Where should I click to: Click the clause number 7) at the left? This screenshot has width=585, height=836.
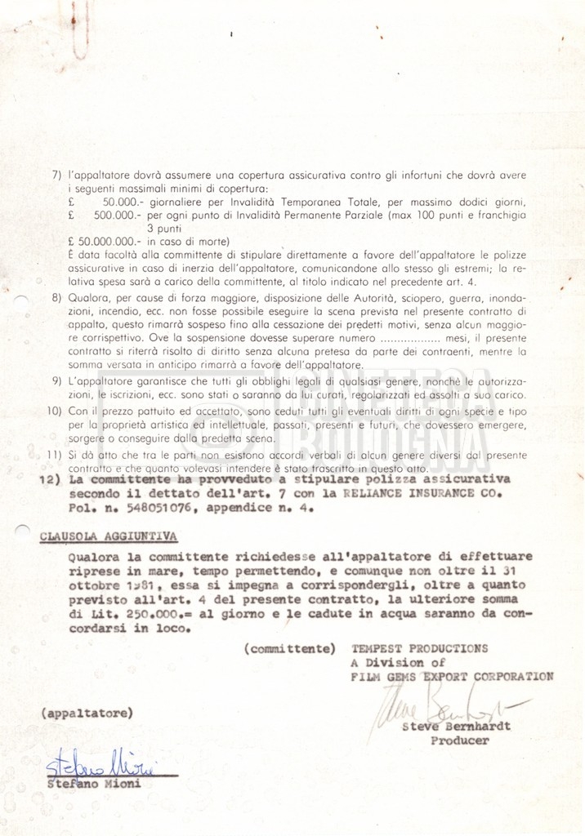(56, 176)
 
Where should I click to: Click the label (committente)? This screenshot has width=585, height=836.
(289, 649)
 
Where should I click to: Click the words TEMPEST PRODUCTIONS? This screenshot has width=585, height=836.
(419, 648)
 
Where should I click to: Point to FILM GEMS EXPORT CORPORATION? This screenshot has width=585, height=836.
(452, 676)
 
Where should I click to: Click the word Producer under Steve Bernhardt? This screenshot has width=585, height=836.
(460, 740)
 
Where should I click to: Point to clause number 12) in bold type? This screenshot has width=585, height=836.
(49, 481)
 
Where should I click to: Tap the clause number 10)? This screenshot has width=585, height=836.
(54, 411)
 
